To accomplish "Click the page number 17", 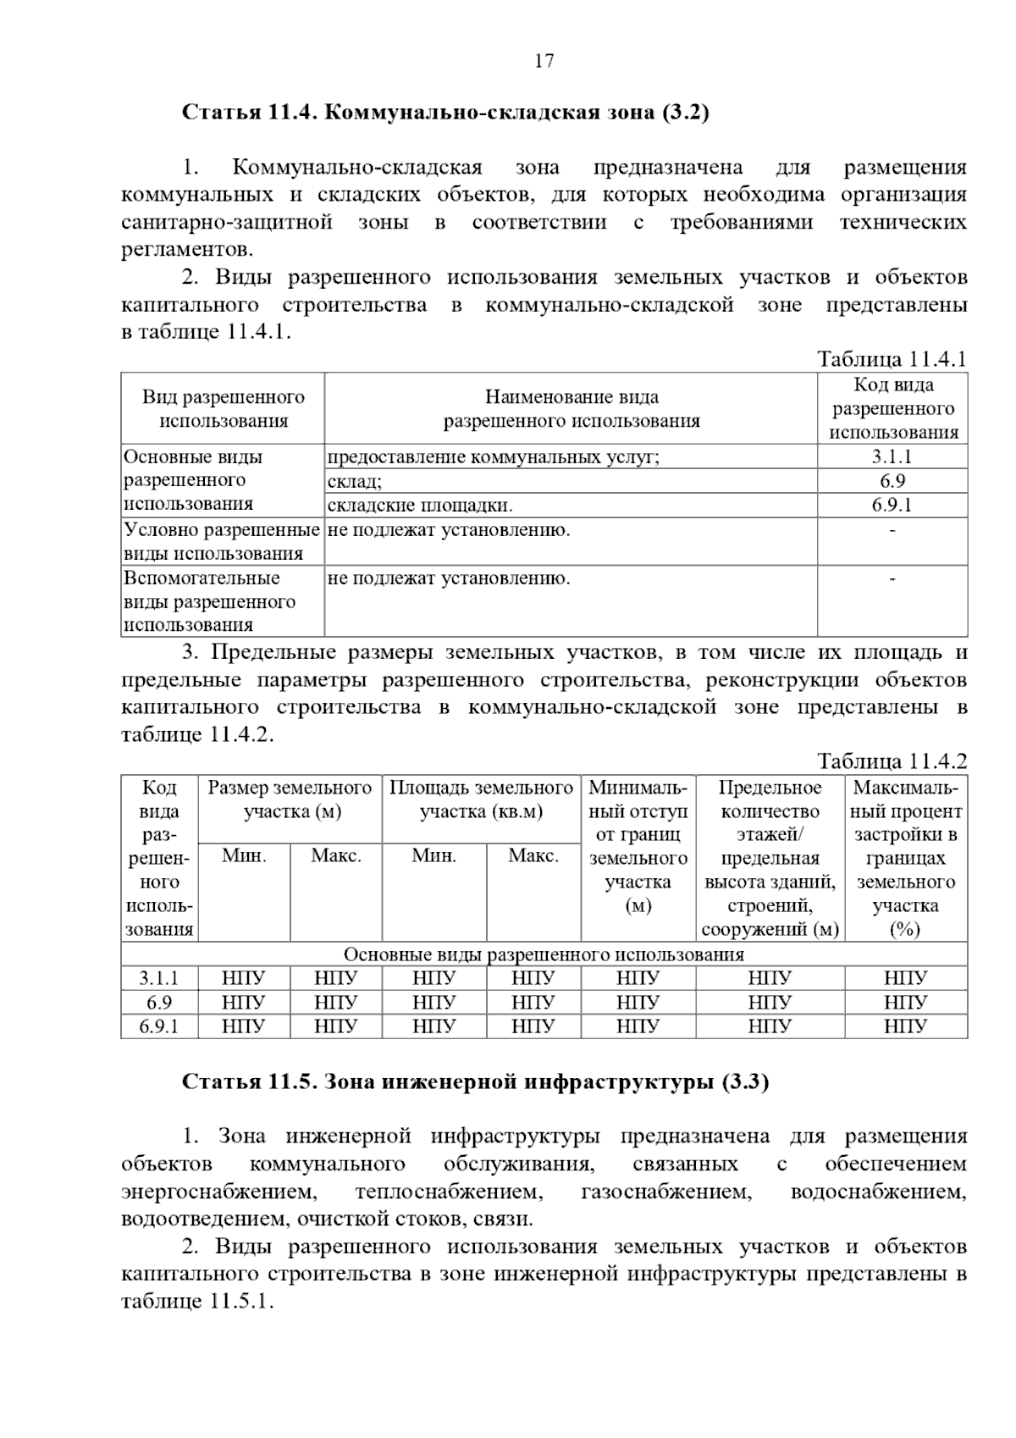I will (x=544, y=61).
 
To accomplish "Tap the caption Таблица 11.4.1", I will (x=892, y=359).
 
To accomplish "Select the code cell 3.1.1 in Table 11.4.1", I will (x=892, y=456).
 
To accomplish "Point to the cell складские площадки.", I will (x=420, y=506).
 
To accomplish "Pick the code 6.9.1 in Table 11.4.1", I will (x=892, y=506).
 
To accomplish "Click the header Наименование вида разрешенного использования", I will (x=571, y=409).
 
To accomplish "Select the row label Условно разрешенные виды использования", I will (x=222, y=542).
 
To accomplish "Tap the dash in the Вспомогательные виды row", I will (x=892, y=579).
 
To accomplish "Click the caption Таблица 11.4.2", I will (x=892, y=760).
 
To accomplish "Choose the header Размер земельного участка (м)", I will (x=290, y=799).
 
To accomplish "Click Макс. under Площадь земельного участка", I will (x=533, y=855).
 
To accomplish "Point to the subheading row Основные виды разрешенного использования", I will (x=544, y=954).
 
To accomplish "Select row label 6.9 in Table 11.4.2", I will (x=159, y=1003).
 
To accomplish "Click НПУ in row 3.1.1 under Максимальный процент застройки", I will (x=905, y=979).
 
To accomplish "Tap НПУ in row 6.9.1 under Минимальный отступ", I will (x=638, y=1026).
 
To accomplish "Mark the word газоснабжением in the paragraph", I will (x=666, y=1192).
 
